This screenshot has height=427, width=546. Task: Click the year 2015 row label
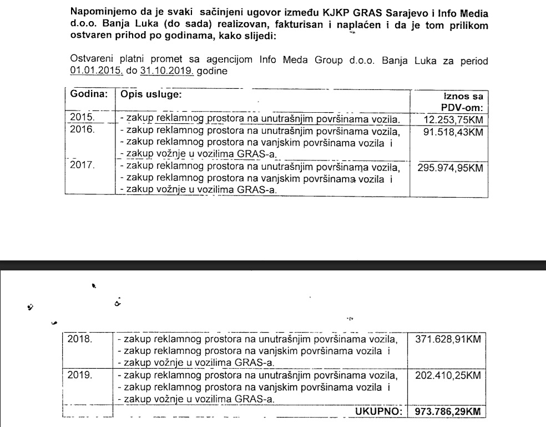82,118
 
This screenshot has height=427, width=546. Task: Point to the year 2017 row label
82,165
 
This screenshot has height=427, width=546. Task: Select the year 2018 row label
82,338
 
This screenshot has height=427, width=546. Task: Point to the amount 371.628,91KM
447,339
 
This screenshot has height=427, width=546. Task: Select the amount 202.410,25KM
447,375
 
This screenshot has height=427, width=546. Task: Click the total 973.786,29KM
447,411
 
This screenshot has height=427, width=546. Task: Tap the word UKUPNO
378,411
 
